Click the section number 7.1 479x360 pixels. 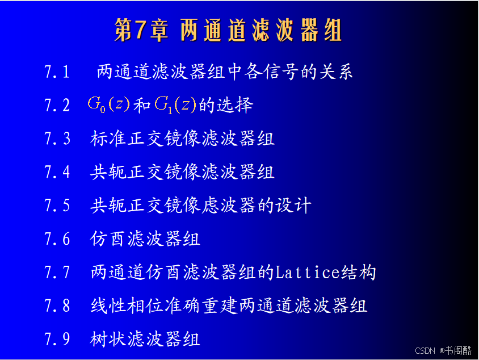tap(57, 72)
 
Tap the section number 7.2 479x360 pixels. tap(57, 105)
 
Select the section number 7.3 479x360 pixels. tap(57, 139)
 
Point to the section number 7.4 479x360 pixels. tap(57, 171)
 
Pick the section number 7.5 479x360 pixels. tap(57, 205)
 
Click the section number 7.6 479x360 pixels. tap(57, 238)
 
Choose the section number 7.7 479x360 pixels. tap(57, 272)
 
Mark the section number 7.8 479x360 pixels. tap(57, 305)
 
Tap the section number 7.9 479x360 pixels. tap(57, 339)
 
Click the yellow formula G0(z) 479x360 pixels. tap(109, 104)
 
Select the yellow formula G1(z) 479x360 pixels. tap(175, 104)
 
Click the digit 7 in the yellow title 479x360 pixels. tap(140, 30)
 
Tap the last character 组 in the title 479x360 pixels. tap(333, 30)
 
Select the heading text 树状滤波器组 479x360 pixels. tap(145, 339)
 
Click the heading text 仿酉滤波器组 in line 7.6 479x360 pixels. tap(145, 238)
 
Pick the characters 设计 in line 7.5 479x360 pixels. tap(293, 205)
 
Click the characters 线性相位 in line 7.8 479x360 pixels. tap(127, 305)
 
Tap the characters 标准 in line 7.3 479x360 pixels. tap(108, 139)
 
